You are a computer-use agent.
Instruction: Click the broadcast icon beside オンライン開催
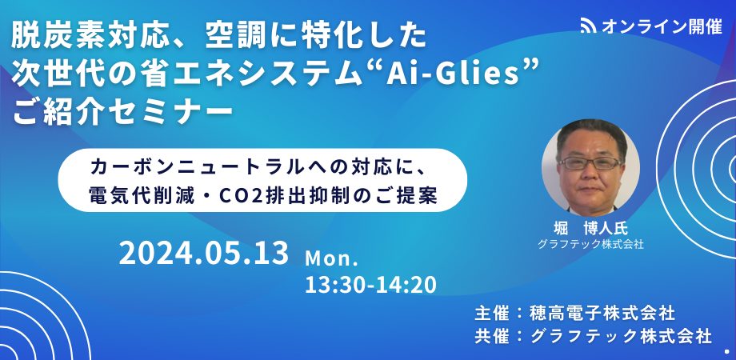588,26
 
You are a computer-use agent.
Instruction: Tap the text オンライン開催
662,26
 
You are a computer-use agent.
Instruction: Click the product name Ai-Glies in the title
453,74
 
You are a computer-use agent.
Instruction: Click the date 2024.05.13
204,253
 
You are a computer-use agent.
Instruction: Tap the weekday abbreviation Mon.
331,258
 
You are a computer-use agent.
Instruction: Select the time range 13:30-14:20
371,285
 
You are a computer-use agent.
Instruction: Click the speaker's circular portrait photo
590,167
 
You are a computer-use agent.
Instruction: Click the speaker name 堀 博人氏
590,228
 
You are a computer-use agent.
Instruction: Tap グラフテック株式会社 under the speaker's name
590,244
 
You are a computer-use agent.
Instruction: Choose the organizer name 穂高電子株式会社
602,313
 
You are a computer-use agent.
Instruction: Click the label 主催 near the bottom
491,313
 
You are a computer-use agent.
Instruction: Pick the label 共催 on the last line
491,336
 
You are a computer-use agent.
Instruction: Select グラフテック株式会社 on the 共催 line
621,336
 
